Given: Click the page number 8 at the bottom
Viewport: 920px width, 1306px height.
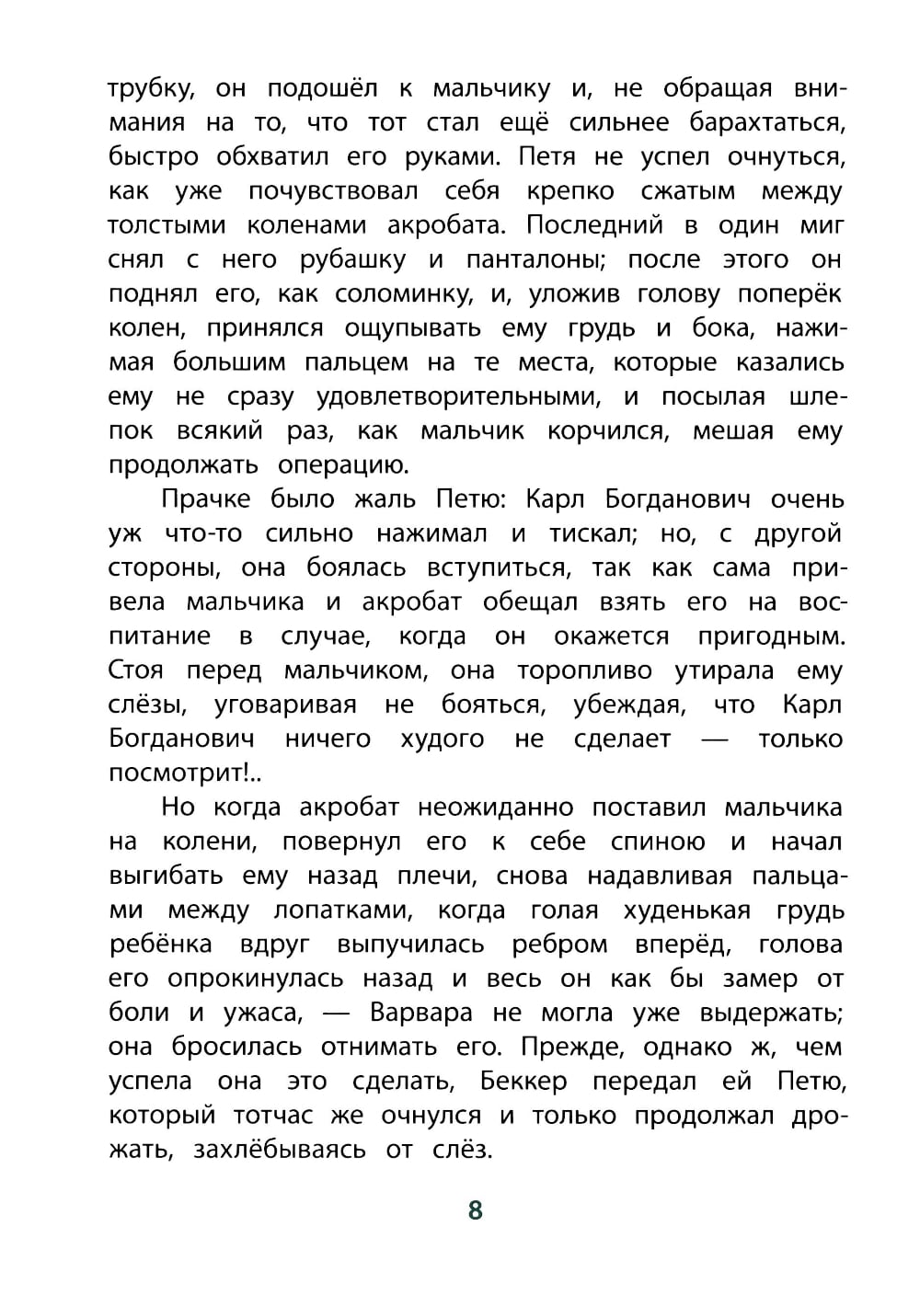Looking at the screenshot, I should pos(475,1209).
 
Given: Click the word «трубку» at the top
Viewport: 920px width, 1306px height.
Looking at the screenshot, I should pos(148,89).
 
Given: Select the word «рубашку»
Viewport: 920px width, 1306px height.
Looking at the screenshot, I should pos(352,260).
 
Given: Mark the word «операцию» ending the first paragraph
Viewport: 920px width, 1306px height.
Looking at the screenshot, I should pos(343,465).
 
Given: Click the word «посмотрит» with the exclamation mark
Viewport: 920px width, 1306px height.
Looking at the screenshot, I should pos(183,773).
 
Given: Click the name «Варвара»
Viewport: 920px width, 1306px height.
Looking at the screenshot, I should pos(420,1013).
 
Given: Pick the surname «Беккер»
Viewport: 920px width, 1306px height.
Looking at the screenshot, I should pos(523,1082).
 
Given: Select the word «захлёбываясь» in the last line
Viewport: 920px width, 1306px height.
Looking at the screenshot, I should pos(279,1150).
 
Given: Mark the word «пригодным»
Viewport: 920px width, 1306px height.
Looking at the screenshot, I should pos(770,636).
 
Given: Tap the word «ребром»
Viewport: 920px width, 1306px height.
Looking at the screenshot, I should pos(559,945).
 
